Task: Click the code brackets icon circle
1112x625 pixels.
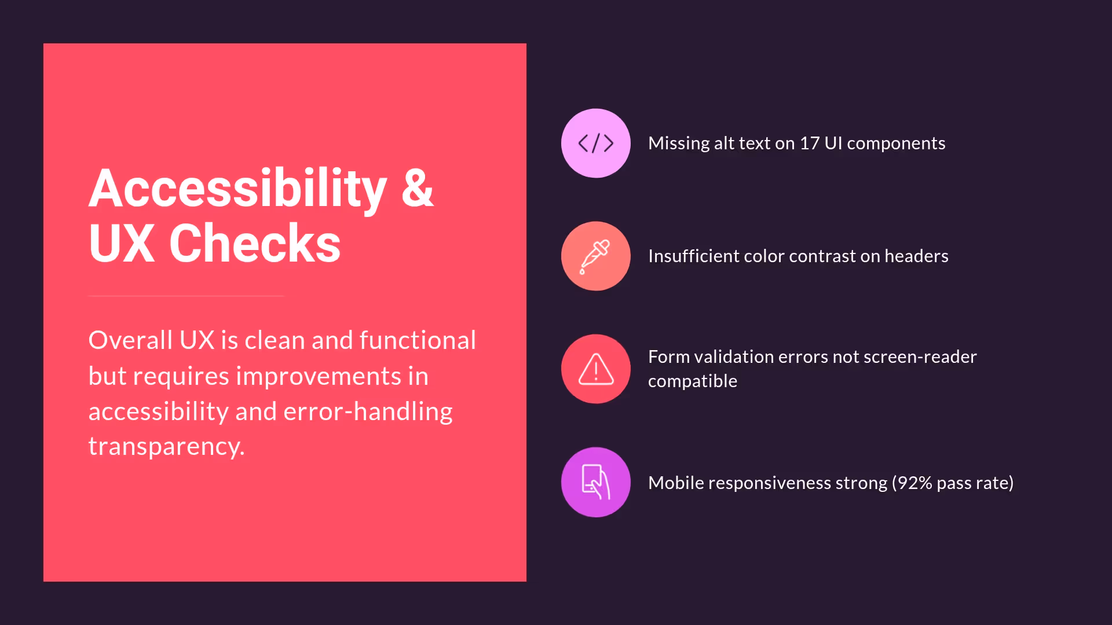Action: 595,143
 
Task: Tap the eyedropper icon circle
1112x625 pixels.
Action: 595,256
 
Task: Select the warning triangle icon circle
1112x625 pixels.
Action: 595,369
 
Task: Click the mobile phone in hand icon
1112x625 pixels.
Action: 595,481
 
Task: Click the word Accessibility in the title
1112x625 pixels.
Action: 237,189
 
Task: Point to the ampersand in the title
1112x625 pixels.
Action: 417,189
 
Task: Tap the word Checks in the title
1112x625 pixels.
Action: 255,244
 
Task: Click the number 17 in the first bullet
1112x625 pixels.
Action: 809,143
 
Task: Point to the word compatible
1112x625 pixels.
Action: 692,381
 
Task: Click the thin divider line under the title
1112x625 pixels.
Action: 186,296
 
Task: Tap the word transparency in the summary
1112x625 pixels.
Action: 166,446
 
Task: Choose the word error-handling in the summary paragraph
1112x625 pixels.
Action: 368,411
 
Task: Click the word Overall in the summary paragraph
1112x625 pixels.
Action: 130,340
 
